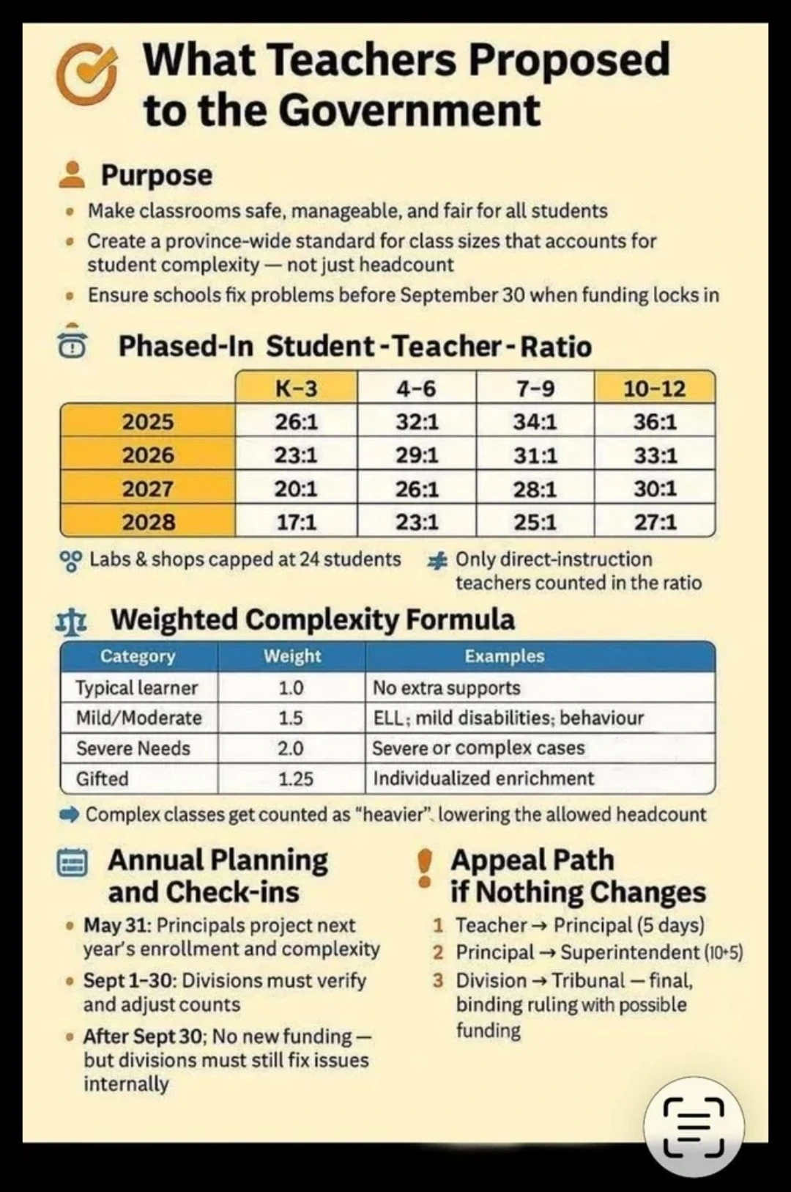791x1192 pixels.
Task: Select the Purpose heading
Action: (156, 175)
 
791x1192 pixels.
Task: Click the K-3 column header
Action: (296, 388)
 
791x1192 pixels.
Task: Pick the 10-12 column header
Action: (654, 388)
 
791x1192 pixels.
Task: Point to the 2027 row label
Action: (148, 488)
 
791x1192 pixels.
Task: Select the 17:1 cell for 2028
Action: (296, 522)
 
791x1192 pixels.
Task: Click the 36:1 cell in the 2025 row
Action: (654, 422)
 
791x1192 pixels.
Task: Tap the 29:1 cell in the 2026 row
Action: (416, 455)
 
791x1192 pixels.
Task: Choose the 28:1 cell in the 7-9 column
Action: (535, 488)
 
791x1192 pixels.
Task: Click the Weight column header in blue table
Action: (292, 656)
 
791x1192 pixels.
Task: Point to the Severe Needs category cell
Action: (133, 748)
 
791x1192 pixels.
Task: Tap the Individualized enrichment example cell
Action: (483, 779)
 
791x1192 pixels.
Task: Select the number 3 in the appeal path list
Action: (438, 981)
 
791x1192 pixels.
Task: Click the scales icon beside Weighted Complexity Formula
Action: (73, 621)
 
